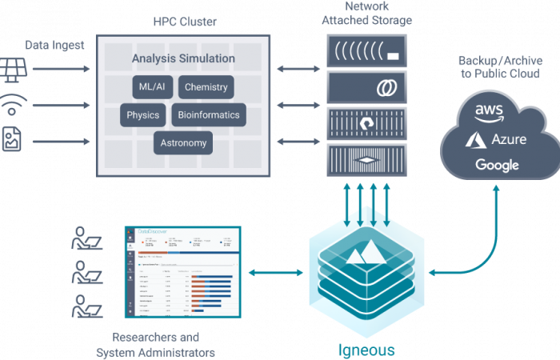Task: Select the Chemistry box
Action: pos(206,87)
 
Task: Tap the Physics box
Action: pos(143,115)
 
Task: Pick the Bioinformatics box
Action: pos(208,115)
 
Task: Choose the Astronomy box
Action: pos(183,143)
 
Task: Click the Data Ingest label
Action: pos(53,45)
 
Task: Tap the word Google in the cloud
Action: pos(497,166)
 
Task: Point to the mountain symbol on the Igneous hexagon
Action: pos(363,255)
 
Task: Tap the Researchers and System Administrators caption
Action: pos(156,346)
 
